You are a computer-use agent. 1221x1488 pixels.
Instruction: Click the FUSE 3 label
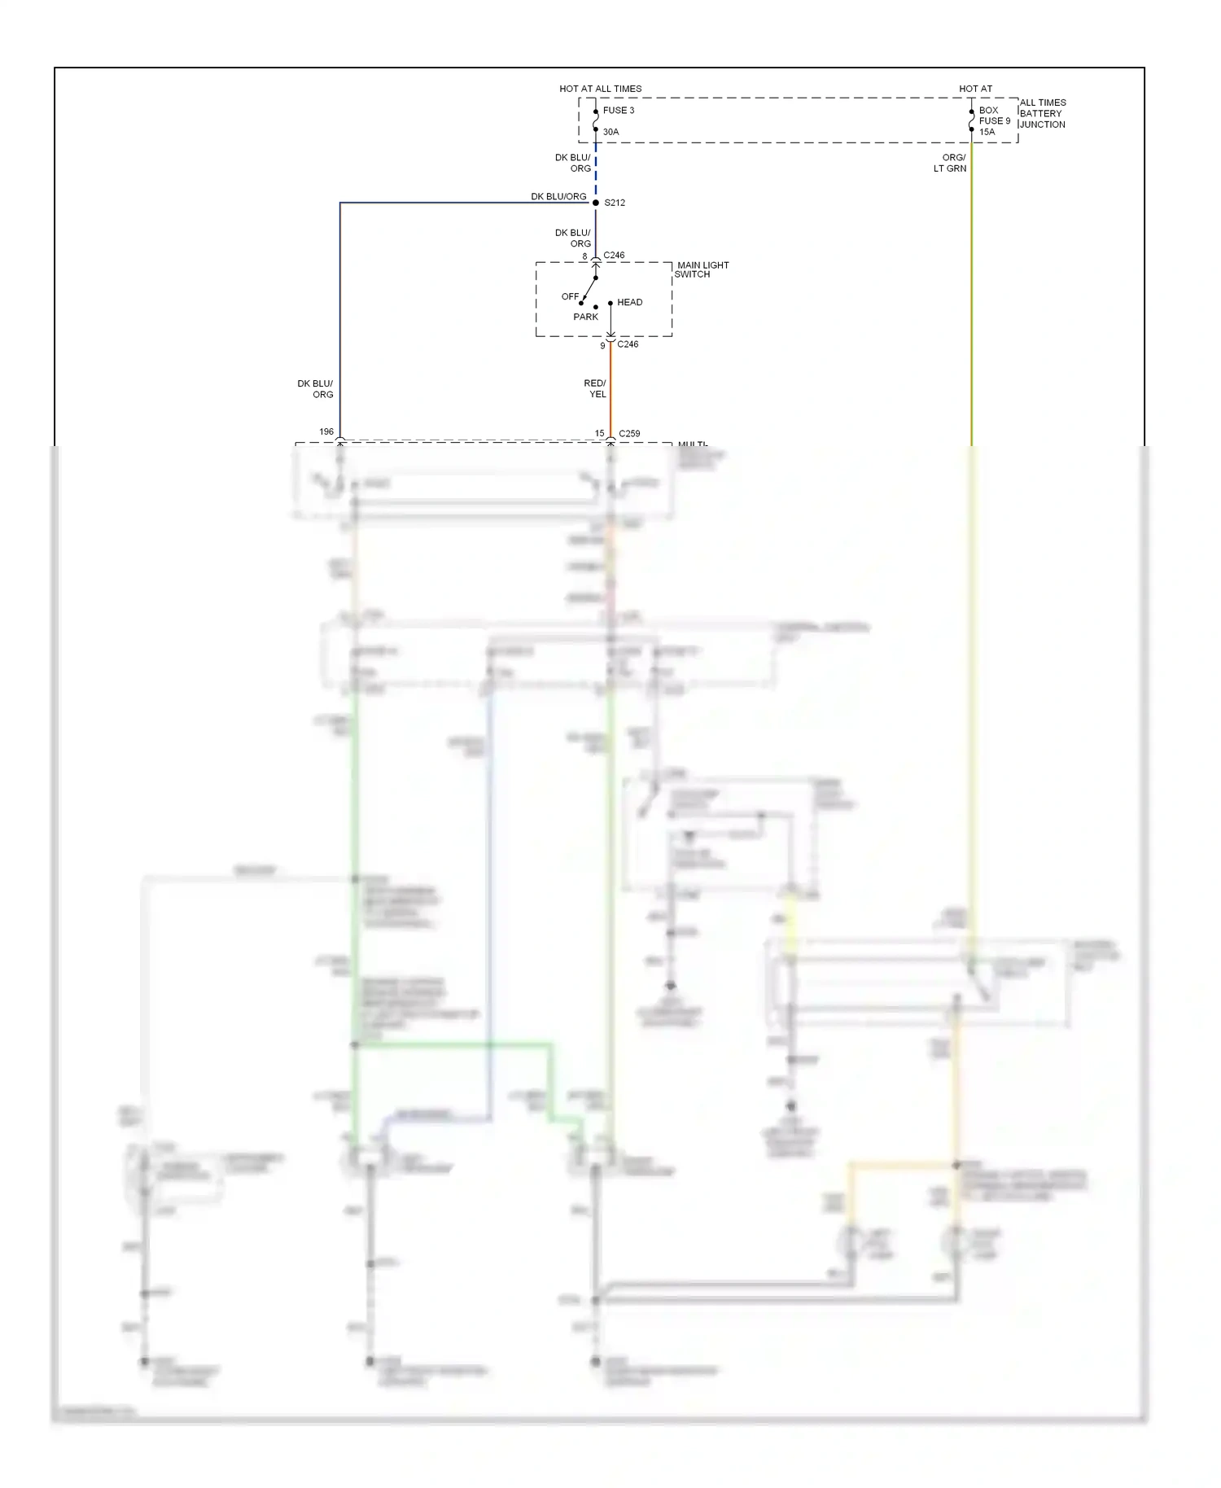(x=618, y=111)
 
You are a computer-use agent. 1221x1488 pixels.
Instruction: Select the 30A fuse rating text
(x=610, y=132)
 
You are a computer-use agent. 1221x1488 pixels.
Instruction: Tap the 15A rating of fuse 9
(x=987, y=132)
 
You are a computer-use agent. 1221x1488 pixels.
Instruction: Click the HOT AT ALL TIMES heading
(x=600, y=89)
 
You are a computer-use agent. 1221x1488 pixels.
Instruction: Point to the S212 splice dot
(x=596, y=203)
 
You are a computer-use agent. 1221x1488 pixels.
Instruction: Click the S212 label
(x=615, y=203)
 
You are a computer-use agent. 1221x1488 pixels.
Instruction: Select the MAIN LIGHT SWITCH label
(x=702, y=269)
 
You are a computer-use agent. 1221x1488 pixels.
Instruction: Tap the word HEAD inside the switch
(x=629, y=302)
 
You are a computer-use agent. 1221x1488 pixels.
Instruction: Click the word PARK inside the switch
(x=585, y=317)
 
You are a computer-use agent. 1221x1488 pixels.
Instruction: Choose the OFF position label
(x=570, y=296)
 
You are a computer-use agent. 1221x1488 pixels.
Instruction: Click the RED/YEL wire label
(x=595, y=388)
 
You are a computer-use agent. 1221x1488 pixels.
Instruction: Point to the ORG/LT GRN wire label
(x=951, y=163)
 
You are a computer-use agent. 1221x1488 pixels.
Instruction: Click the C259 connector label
(x=629, y=434)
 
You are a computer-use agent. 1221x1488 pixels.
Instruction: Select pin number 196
(x=326, y=432)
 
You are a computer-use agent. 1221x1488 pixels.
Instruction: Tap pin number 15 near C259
(x=599, y=434)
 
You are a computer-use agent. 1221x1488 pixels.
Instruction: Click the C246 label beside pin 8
(x=614, y=256)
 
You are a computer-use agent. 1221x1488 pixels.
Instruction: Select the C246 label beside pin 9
(x=628, y=344)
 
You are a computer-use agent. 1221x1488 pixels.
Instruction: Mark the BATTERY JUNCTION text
(x=1041, y=119)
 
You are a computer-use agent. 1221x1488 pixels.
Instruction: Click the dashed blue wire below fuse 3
(x=596, y=171)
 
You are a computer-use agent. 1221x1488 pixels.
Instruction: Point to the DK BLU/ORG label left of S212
(x=558, y=197)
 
